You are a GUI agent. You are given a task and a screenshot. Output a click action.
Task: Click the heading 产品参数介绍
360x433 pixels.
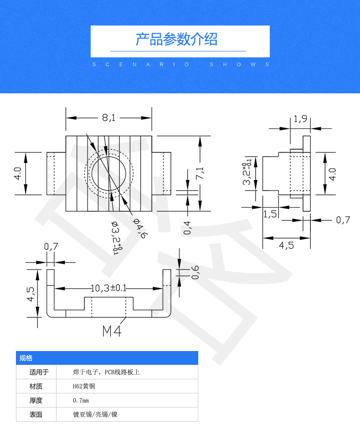pyautogui.click(x=176, y=40)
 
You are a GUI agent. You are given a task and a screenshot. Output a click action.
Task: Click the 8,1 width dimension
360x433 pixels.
pyautogui.click(x=109, y=118)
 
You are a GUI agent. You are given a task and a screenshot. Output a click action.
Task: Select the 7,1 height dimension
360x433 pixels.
pyautogui.click(x=200, y=173)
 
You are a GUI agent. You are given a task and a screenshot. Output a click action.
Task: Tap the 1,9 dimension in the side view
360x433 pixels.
pyautogui.click(x=300, y=119)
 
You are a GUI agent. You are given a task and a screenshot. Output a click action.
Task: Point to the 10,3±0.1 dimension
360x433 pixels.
pyautogui.click(x=108, y=288)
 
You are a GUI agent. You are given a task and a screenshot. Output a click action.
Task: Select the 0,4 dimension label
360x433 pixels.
pyautogui.click(x=187, y=227)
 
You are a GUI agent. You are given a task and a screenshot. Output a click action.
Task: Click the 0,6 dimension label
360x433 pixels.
pyautogui.click(x=195, y=272)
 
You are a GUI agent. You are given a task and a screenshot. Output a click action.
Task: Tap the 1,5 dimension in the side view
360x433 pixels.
pyautogui.click(x=270, y=214)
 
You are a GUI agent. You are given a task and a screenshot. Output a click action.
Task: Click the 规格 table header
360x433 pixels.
pyautogui.click(x=26, y=358)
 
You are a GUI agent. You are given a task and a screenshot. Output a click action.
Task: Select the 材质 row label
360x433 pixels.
pyautogui.click(x=36, y=387)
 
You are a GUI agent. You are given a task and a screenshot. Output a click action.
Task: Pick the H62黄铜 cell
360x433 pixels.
pyautogui.click(x=84, y=387)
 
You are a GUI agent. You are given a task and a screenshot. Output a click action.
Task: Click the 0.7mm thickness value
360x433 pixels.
pyautogui.click(x=81, y=401)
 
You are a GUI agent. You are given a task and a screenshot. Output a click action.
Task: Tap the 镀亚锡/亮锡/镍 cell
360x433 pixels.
pyautogui.click(x=98, y=415)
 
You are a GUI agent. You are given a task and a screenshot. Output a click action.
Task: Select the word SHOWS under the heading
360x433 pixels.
pyautogui.click(x=240, y=65)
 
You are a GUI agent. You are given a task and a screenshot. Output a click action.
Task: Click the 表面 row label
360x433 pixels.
pyautogui.click(x=36, y=415)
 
